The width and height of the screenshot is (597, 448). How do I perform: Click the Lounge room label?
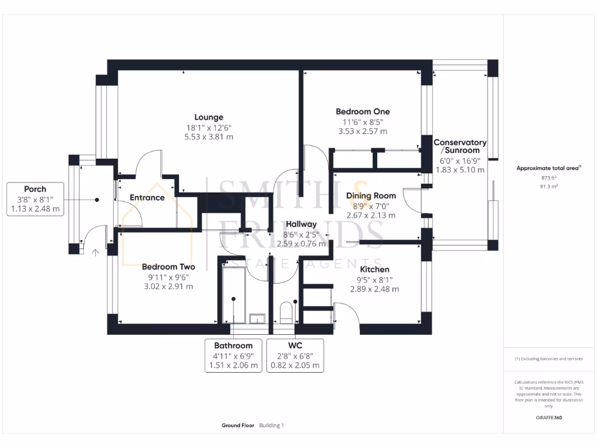(209, 117)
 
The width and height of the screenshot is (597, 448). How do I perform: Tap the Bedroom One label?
(363, 111)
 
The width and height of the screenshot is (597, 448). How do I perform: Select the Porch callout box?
(35, 199)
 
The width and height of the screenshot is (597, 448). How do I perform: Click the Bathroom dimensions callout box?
(233, 355)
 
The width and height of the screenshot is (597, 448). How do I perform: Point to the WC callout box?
(295, 355)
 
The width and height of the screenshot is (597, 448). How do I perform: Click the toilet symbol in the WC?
(286, 314)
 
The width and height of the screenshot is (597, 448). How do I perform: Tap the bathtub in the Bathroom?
(234, 292)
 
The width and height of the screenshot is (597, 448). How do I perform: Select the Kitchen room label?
(374, 269)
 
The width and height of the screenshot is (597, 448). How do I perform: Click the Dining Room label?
(371, 196)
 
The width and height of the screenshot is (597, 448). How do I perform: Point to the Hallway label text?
(301, 224)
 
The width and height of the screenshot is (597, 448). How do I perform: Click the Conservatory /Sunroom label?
(460, 146)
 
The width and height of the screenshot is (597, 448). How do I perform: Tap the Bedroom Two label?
(168, 267)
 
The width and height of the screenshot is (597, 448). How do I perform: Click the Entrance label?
(147, 198)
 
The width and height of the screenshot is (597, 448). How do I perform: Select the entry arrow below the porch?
(95, 252)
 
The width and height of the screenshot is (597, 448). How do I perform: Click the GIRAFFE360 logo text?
(549, 418)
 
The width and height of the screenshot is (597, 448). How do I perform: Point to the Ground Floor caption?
(238, 426)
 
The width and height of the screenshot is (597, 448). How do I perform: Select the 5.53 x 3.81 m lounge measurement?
(209, 137)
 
